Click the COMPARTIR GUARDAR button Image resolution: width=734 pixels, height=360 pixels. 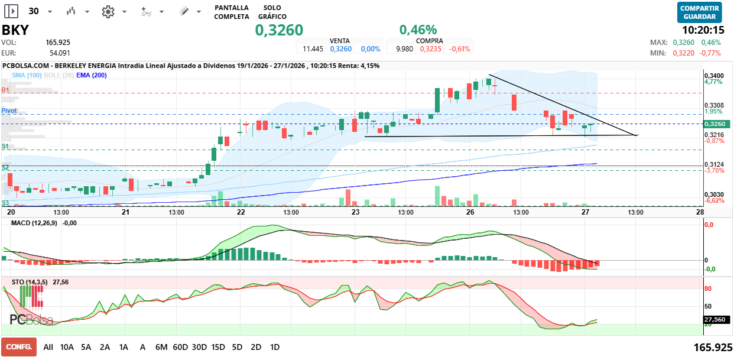point(700,12)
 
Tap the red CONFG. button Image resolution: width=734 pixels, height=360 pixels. point(19,347)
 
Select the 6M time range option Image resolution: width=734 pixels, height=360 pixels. point(161,347)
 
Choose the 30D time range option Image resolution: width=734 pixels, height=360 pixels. point(199,347)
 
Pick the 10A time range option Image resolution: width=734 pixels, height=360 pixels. point(67,347)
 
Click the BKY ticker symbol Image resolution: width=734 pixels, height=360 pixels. point(15,30)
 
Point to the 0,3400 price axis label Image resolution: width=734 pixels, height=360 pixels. point(714,76)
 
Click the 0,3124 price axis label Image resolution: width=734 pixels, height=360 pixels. point(714,164)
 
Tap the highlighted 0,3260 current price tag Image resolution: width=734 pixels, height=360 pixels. point(716,124)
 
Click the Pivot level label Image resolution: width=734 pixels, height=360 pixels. point(9,111)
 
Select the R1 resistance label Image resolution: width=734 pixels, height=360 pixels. point(5,90)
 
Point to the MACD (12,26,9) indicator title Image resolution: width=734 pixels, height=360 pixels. point(35,223)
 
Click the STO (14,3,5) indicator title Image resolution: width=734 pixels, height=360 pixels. point(30,283)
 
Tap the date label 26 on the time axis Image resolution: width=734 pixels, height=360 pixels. point(470,212)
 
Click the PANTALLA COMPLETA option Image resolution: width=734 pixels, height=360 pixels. point(232,12)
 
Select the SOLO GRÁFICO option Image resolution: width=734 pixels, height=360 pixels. point(272,12)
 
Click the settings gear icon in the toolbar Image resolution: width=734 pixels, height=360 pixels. point(108,11)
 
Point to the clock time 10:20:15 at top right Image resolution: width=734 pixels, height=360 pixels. point(703,30)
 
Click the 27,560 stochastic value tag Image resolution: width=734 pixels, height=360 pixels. point(715,319)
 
